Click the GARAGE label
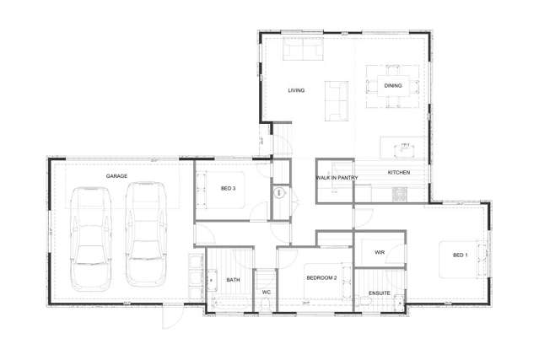pos(116,175)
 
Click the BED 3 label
pos(229,188)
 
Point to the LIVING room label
pos(296,90)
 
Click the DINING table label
pos(393,85)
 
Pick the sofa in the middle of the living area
pos(337,99)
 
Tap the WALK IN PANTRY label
pos(337,178)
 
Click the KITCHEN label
pos(399,172)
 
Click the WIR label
pos(380,251)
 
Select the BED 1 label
pos(460,255)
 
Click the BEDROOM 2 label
pos(321,277)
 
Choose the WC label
pos(266,293)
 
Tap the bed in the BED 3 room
pos(220,189)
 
